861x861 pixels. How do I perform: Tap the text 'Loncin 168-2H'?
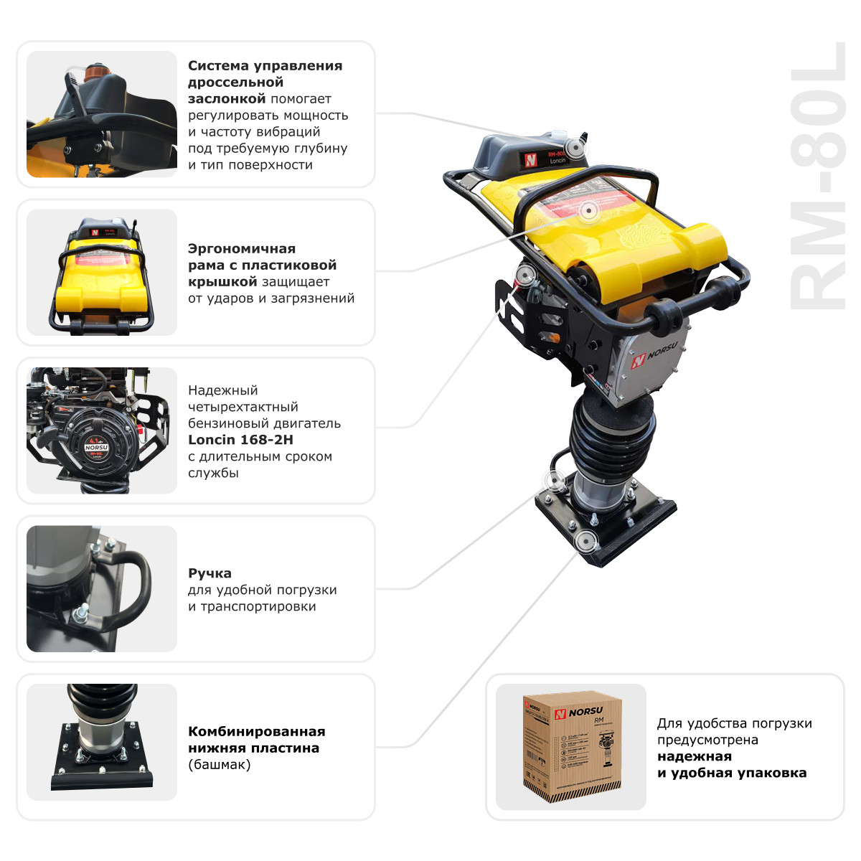coord(240,440)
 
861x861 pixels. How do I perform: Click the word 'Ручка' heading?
coord(210,573)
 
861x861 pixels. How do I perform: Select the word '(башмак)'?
coord(220,765)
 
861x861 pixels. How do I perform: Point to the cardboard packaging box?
coord(571,746)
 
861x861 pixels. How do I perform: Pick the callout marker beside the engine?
coord(526,275)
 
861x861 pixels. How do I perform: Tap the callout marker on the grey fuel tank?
coord(574,149)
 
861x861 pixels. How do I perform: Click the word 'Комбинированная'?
coord(256,732)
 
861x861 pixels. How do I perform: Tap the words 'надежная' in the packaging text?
coord(694,756)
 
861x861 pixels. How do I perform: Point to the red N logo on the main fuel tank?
coord(530,160)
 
